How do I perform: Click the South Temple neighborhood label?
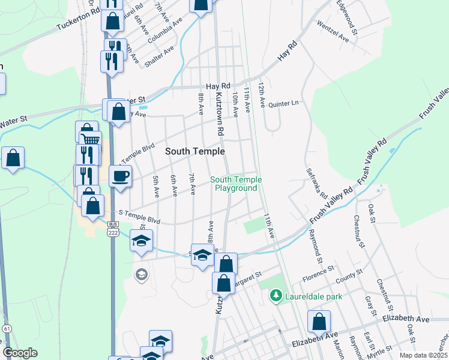click(x=195, y=152)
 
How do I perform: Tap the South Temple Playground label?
click(x=234, y=184)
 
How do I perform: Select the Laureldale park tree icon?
click(x=276, y=295)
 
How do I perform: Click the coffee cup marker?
click(x=121, y=176)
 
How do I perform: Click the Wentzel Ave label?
click(x=333, y=31)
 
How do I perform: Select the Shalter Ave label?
click(x=163, y=56)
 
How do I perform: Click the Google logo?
click(x=20, y=353)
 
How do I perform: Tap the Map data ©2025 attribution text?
click(x=423, y=355)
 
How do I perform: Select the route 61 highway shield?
click(x=7, y=329)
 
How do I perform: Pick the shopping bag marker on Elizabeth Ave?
click(x=319, y=322)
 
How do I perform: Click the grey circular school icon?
click(x=141, y=275)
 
